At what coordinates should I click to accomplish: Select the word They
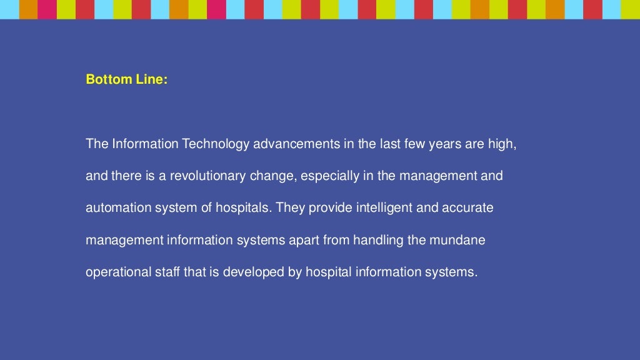tap(290, 208)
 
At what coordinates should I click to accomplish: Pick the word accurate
tap(468, 208)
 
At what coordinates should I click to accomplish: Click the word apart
tap(304, 241)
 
